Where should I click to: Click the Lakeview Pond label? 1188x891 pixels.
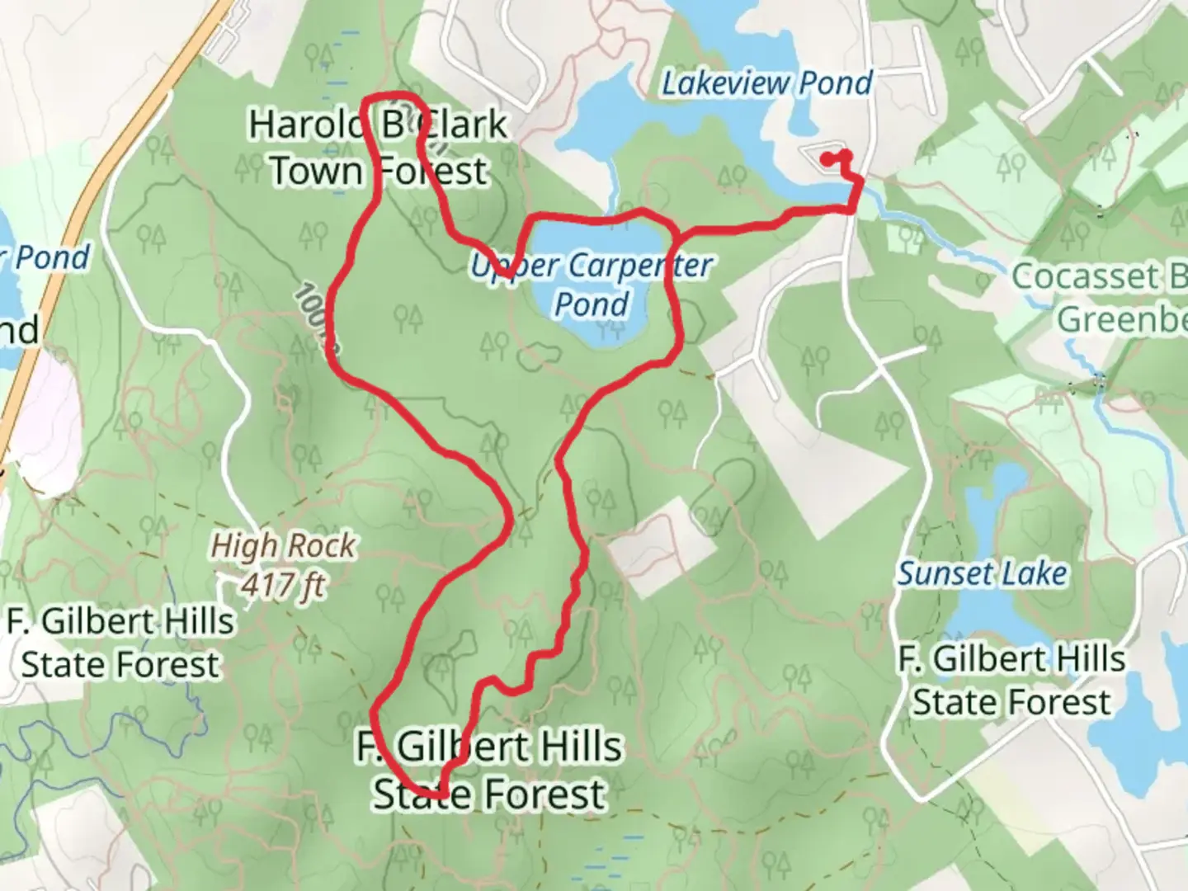click(767, 83)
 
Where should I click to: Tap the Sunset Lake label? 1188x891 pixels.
click(982, 573)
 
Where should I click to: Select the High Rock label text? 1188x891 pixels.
click(283, 545)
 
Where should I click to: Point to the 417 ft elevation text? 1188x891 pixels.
click(283, 585)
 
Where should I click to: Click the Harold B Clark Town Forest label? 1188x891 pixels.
click(379, 148)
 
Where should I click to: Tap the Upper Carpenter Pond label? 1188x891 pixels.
click(592, 285)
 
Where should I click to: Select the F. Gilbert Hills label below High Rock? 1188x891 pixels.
click(120, 643)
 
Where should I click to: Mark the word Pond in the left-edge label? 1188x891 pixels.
click(51, 258)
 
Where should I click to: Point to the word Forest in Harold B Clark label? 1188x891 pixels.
click(431, 172)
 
